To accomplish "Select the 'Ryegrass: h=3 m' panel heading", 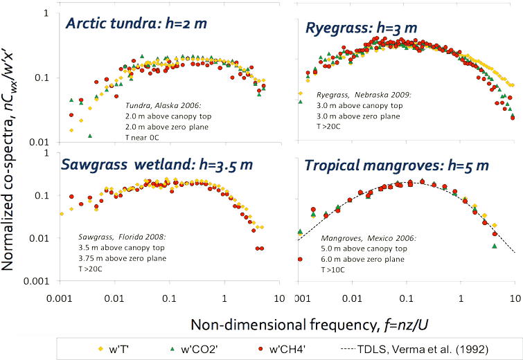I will coord(361,28).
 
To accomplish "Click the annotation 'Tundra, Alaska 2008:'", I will coord(158,105).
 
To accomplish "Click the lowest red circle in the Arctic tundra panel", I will coord(91,136).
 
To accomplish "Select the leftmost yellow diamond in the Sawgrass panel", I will coord(62,214).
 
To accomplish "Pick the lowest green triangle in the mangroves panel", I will coord(495,246).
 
